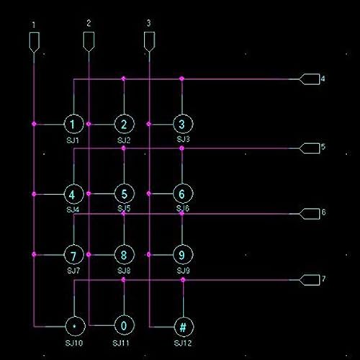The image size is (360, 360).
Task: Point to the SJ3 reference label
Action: click(x=183, y=139)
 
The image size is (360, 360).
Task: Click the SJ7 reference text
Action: click(x=73, y=271)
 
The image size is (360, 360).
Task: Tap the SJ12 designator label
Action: click(x=183, y=343)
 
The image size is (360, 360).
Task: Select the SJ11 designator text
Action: click(x=121, y=343)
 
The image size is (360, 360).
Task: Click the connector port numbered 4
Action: click(x=310, y=79)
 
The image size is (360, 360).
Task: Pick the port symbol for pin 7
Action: click(x=310, y=280)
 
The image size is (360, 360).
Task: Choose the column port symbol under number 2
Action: click(x=89, y=42)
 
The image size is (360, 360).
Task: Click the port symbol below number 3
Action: click(x=149, y=42)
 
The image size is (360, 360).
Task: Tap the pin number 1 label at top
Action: click(x=34, y=24)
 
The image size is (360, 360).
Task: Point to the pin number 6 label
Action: click(x=323, y=212)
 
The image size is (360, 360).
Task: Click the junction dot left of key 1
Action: click(x=34, y=124)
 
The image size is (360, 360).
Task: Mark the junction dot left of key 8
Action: click(x=89, y=254)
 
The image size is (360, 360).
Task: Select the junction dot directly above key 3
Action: click(x=182, y=78)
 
